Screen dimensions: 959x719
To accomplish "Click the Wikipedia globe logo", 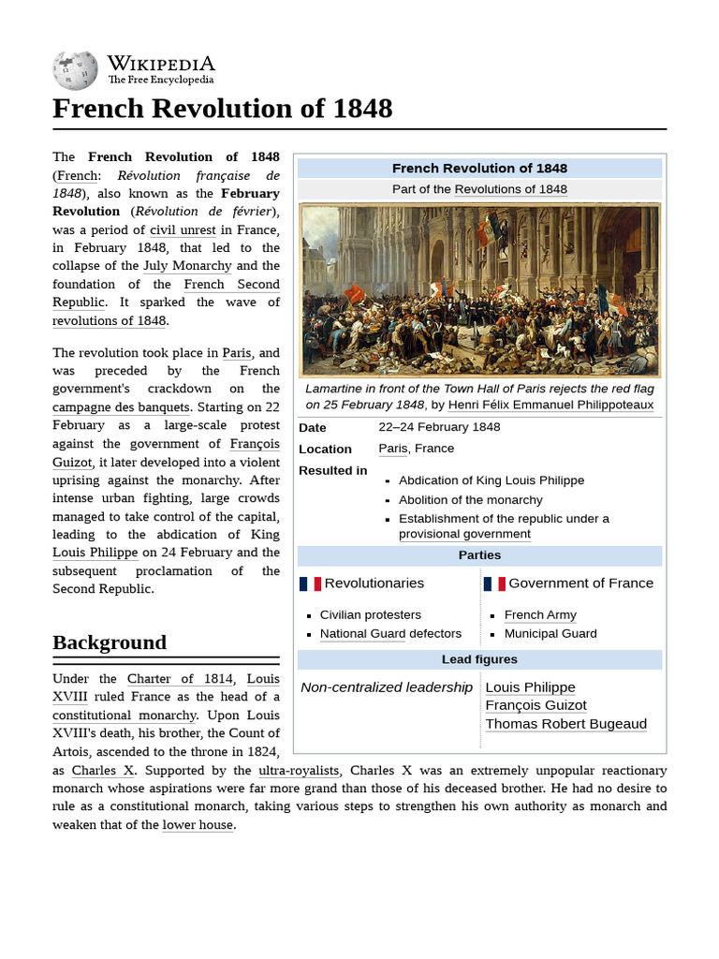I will (x=76, y=70).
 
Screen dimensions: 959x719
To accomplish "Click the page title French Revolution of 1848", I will (x=222, y=109).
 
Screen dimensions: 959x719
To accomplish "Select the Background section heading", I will (x=110, y=642).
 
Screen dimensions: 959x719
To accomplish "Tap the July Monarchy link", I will (x=186, y=266).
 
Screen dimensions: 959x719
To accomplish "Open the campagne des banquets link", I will (x=121, y=406).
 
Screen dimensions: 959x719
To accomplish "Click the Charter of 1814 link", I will (x=179, y=678).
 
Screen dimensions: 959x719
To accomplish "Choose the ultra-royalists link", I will (x=299, y=770).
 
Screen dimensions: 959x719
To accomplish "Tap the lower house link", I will (x=198, y=825).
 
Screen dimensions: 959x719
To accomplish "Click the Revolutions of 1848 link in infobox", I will (x=510, y=189).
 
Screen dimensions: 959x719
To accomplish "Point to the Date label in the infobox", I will (x=312, y=427).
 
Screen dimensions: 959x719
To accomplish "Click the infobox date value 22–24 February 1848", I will (x=439, y=427).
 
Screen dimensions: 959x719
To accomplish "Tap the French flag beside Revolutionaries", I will (x=310, y=583).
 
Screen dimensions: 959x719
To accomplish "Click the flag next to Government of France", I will (x=494, y=583).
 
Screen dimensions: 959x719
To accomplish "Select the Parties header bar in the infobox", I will (x=479, y=555).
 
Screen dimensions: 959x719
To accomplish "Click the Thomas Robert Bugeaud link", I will (x=565, y=723).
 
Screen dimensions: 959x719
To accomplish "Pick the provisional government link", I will (x=464, y=534).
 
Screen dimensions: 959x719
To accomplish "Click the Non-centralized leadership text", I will (x=387, y=687).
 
